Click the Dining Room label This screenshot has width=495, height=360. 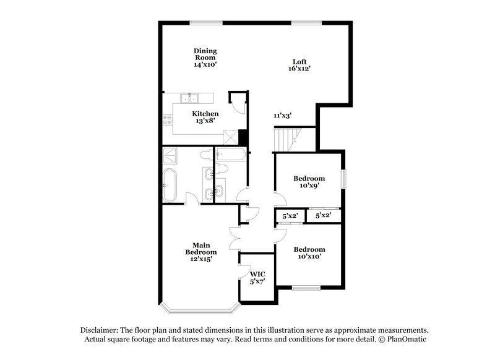click(x=205, y=57)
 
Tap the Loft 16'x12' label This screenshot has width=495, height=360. click(x=300, y=65)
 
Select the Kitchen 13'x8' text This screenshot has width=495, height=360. click(x=205, y=118)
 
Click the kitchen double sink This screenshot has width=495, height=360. click(x=189, y=98)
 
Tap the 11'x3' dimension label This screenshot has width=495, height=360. click(x=283, y=116)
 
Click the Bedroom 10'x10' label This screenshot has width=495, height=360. click(x=309, y=253)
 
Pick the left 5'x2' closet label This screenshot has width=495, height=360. click(x=290, y=216)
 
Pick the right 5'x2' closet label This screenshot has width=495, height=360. click(x=323, y=216)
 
